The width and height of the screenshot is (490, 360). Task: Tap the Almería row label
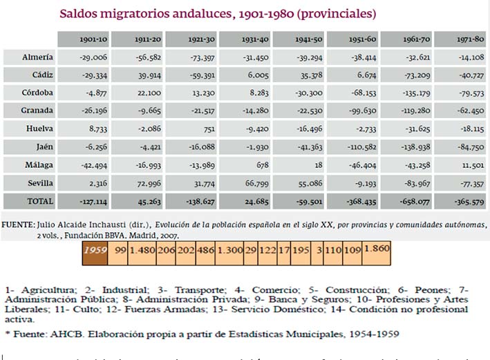pos(39,57)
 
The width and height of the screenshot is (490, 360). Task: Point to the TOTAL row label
pos(41,200)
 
